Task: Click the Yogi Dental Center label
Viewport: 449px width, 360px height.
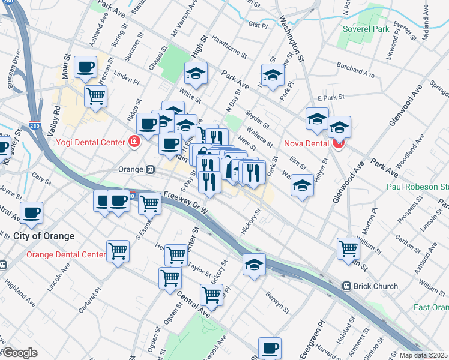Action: click(91, 142)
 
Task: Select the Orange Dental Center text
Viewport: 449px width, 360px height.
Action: click(66, 255)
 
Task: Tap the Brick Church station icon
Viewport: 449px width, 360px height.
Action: click(346, 286)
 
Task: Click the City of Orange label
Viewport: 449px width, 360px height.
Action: click(44, 236)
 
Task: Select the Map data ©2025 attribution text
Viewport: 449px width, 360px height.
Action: click(424, 355)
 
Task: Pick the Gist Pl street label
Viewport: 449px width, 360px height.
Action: click(257, 25)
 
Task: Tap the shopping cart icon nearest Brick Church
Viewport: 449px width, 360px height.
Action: click(348, 248)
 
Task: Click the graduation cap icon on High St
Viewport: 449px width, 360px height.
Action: click(196, 74)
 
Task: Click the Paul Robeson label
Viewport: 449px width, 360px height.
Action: click(414, 187)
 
